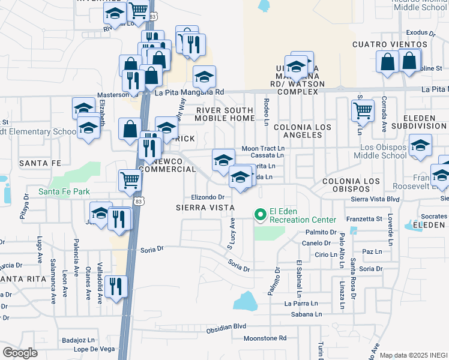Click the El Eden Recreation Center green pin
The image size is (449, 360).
click(261, 214)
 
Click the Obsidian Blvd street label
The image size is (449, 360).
click(226, 327)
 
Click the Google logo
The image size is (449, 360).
click(20, 352)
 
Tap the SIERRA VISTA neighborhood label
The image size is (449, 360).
click(205, 208)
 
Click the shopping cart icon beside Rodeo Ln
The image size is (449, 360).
click(363, 110)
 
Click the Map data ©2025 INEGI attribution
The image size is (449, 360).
click(413, 355)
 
